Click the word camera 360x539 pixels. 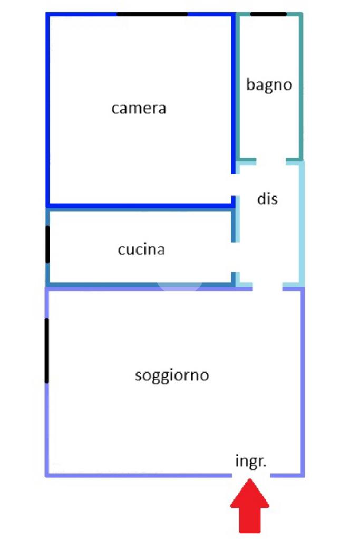[139, 109]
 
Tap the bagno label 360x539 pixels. [269, 85]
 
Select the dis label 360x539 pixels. [267, 199]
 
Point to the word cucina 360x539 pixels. [141, 249]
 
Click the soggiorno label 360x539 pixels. [172, 376]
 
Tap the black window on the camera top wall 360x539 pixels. [152, 14]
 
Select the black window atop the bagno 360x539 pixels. [268, 14]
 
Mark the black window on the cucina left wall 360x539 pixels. [47, 244]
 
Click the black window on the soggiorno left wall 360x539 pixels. [47, 350]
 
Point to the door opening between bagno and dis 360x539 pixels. [271, 160]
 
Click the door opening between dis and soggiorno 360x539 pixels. [268, 288]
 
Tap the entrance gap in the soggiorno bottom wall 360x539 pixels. [251, 475]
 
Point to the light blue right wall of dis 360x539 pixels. [302, 224]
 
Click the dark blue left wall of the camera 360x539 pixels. [48, 109]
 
